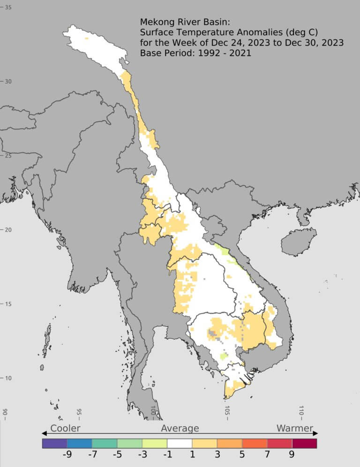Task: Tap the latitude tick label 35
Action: click(x=8, y=7)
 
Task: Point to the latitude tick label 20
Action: click(x=8, y=230)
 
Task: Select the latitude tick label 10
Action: click(x=8, y=378)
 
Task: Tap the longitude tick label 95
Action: click(x=80, y=413)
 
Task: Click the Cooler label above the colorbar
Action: click(x=65, y=428)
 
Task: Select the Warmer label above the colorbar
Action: click(x=295, y=428)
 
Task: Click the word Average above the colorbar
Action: click(x=180, y=428)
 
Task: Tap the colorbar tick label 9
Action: click(x=292, y=454)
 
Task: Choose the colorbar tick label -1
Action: click(x=166, y=454)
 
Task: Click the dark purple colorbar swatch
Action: click(x=54, y=443)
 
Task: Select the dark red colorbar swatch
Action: click(x=304, y=443)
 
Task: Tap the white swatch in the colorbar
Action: click(x=180, y=443)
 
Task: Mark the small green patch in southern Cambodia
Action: click(x=224, y=356)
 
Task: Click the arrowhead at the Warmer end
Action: click(x=316, y=433)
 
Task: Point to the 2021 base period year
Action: click(x=240, y=53)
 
